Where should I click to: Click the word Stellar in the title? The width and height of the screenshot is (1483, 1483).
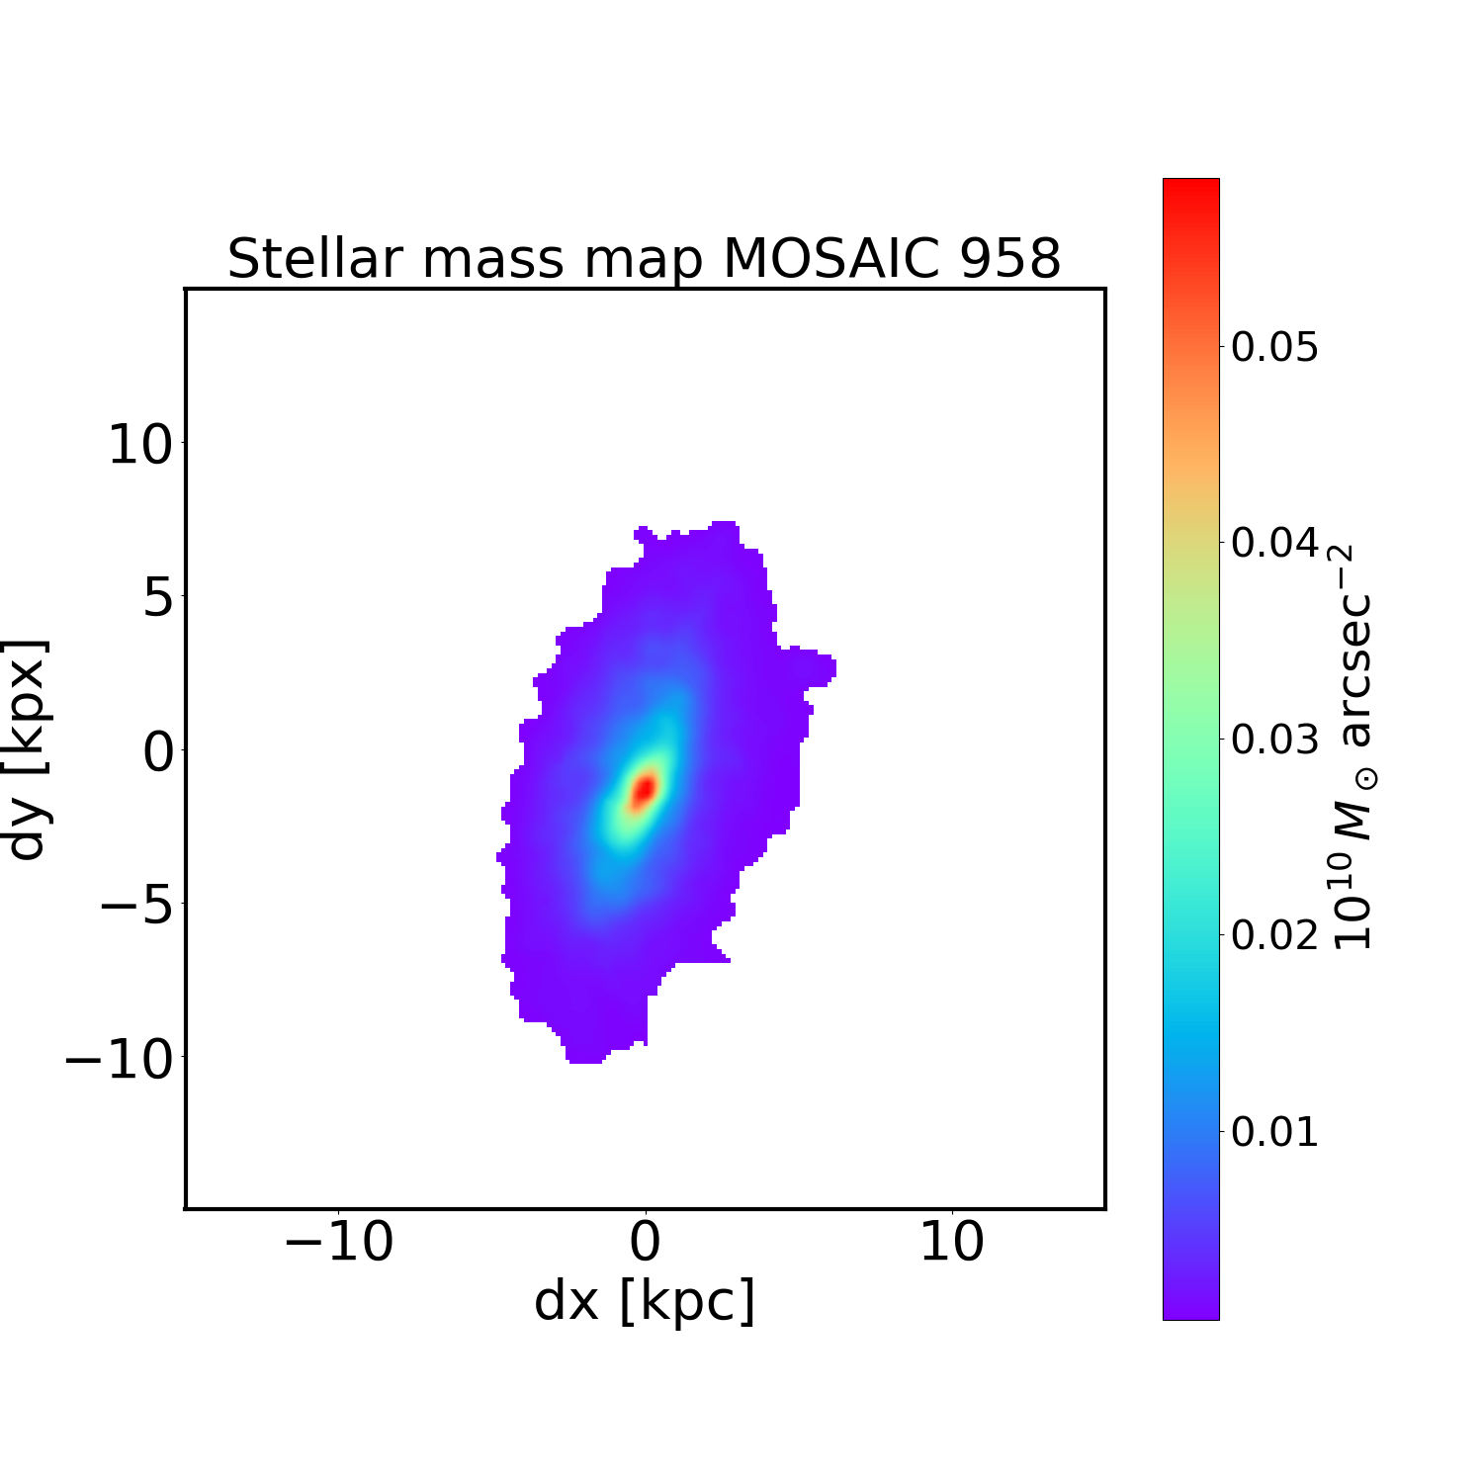pos(314,259)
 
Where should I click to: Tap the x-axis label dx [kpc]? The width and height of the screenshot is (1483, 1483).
pos(645,1301)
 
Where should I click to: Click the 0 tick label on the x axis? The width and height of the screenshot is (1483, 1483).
pos(645,1243)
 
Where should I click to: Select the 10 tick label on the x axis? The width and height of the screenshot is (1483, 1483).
pos(951,1243)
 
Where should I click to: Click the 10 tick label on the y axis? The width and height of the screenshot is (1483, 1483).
pos(139,445)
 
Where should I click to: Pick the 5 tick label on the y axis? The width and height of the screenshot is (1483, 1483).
pos(158,599)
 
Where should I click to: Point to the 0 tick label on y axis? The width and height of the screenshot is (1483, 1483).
pos(158,752)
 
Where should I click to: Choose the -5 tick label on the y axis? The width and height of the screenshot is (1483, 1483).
pos(139,906)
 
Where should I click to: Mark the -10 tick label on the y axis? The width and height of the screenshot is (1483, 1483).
pos(120,1059)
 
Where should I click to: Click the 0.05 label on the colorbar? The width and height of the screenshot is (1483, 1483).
pos(1274,348)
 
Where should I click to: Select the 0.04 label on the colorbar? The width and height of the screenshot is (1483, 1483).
pos(1274,543)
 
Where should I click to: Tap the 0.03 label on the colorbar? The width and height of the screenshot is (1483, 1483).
pos(1274,739)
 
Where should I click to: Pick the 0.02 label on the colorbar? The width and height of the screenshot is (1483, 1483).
pos(1274,934)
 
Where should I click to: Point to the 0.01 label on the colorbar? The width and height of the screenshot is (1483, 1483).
pos(1274,1131)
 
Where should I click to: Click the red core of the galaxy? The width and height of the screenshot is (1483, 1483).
pos(644,789)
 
